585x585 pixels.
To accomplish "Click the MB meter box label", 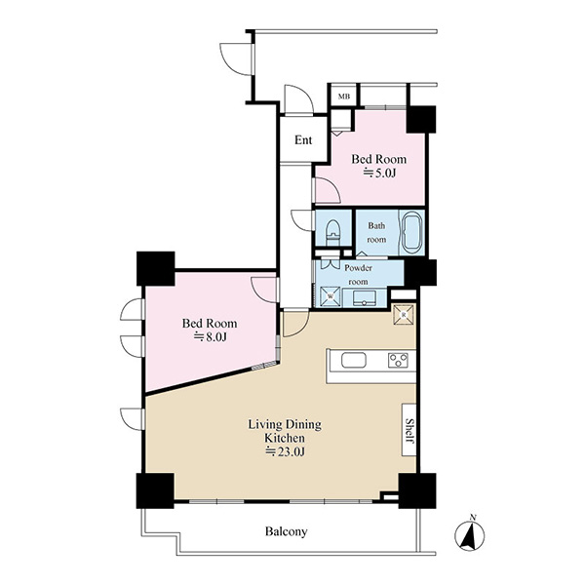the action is [x=344, y=97].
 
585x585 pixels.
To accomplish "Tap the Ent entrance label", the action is [x=303, y=140].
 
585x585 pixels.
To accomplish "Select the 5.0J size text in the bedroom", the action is [x=379, y=174].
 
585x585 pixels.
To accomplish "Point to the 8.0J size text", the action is [x=210, y=337].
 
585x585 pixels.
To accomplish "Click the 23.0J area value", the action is [x=285, y=451].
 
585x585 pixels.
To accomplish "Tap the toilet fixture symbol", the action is [x=333, y=232].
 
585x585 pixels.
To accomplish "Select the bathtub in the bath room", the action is [x=411, y=232].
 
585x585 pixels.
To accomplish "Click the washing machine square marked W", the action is [x=331, y=296].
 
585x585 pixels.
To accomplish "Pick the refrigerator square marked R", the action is [x=404, y=315].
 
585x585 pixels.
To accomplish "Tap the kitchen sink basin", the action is [x=353, y=361].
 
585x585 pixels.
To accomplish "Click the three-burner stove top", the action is [x=398, y=361].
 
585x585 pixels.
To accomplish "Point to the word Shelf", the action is [x=409, y=431].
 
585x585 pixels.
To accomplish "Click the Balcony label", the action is [x=286, y=531].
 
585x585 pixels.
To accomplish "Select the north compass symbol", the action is [x=470, y=534].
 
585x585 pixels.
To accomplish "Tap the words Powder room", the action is [x=358, y=275].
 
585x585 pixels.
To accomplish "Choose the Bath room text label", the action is [x=376, y=232].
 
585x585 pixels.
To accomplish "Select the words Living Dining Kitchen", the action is [x=285, y=431].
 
